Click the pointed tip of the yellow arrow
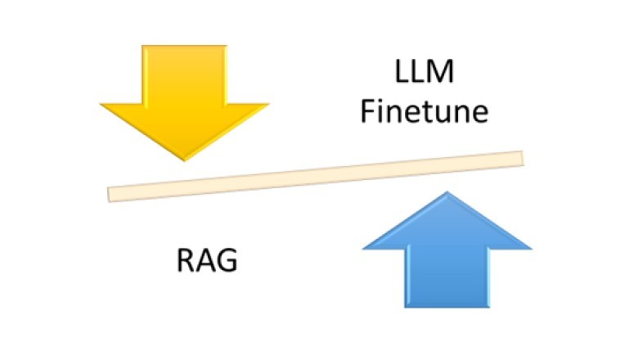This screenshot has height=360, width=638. tap(184, 160)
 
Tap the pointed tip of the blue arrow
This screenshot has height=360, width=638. tap(447, 194)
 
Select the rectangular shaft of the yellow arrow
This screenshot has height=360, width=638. tap(184, 74)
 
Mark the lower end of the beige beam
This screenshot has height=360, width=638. tap(112, 194)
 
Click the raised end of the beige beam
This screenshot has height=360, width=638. tap(519, 158)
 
